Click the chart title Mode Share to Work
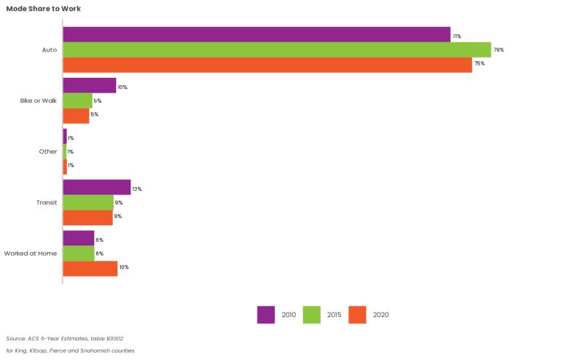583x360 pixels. point(44,9)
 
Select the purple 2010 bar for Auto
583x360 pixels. point(257,35)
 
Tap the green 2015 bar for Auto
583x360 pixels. point(277,50)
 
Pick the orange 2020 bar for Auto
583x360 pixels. point(267,64)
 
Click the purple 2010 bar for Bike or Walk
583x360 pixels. point(90,86)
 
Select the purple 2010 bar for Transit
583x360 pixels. point(97,188)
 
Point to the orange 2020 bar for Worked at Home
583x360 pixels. point(90,267)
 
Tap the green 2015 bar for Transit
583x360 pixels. point(88,203)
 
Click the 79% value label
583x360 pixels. point(498,50)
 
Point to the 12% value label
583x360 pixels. point(137,189)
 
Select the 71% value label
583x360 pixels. point(457,36)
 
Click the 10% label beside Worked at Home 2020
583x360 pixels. point(124,267)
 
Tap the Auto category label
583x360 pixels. point(50,50)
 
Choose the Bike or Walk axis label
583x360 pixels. point(39,101)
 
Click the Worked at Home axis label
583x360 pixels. point(31,254)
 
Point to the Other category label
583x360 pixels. point(48,152)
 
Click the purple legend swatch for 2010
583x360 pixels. point(266,315)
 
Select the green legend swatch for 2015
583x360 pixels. point(311,315)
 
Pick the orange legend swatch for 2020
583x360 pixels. point(356,315)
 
